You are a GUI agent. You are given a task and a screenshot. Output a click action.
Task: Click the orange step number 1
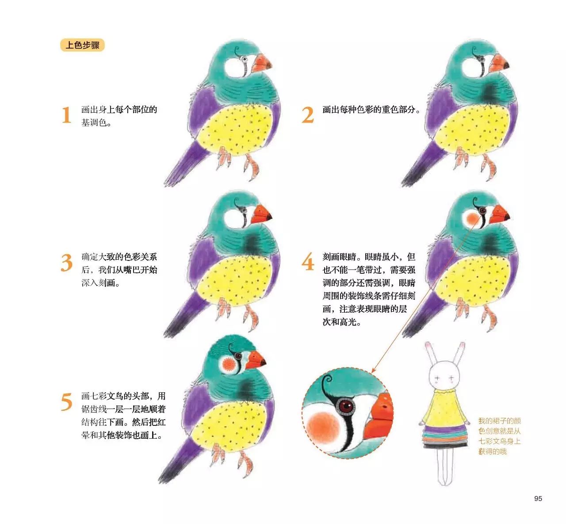click(x=67, y=115)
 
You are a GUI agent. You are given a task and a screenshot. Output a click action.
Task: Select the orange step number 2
click(x=308, y=115)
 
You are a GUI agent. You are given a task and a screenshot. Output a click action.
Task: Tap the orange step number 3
click(x=67, y=263)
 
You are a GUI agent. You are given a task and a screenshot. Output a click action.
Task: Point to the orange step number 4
click(x=308, y=262)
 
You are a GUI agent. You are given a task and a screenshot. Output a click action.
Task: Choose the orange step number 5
click(x=67, y=402)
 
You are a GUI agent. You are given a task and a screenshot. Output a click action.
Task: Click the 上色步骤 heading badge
click(x=82, y=46)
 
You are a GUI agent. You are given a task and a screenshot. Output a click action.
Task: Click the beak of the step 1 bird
click(x=261, y=63)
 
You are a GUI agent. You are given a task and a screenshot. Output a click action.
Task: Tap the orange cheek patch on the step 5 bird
click(x=228, y=363)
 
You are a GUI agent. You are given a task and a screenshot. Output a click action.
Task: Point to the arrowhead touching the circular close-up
click(x=374, y=370)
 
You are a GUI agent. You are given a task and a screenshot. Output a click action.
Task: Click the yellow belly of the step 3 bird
click(x=235, y=278)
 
